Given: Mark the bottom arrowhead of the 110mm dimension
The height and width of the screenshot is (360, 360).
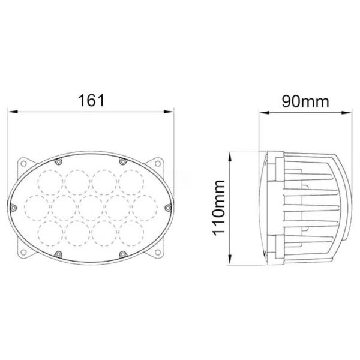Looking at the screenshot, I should pos(230,261).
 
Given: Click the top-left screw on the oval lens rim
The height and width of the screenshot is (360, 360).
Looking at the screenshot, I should pos(58,161).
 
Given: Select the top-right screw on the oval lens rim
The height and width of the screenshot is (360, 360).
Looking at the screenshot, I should pos(122,161).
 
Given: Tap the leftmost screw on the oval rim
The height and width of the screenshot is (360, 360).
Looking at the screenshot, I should pos(14,207).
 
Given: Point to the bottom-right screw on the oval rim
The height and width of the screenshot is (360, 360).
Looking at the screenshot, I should pos(122,254).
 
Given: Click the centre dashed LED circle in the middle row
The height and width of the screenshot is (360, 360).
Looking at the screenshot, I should pos(90,207).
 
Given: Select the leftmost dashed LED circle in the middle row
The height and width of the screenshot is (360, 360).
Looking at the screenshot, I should pos(37,207).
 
